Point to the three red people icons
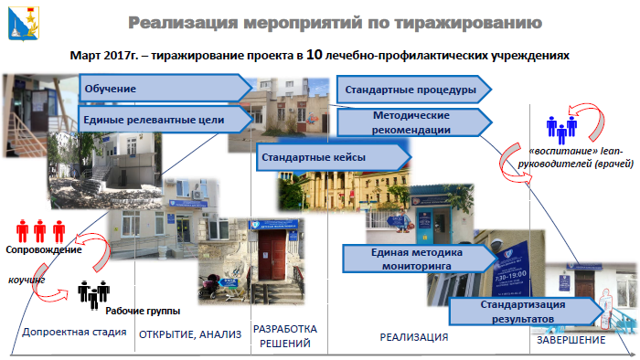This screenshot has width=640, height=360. [x=41, y=230]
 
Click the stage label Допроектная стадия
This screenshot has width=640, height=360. [x=72, y=332]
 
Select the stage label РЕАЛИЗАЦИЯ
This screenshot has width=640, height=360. [x=413, y=337]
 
